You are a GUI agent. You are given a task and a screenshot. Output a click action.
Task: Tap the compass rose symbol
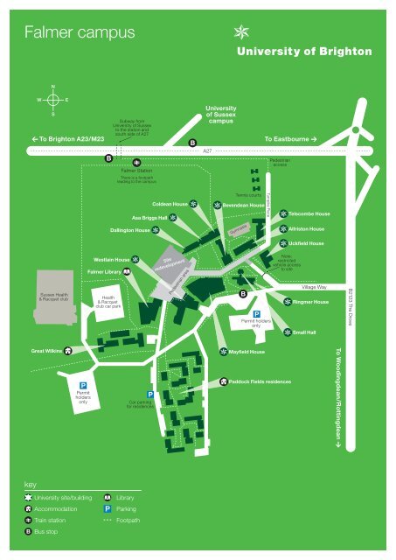pos(53,100)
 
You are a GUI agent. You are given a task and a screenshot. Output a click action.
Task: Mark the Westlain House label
pos(111,260)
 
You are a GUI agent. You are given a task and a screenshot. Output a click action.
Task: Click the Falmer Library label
pos(105,273)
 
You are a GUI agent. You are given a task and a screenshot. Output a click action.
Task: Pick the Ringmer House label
pos(310,302)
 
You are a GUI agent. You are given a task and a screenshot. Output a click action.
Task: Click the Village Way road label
pos(313,286)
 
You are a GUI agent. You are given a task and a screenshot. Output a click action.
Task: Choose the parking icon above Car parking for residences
pos(151,395)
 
